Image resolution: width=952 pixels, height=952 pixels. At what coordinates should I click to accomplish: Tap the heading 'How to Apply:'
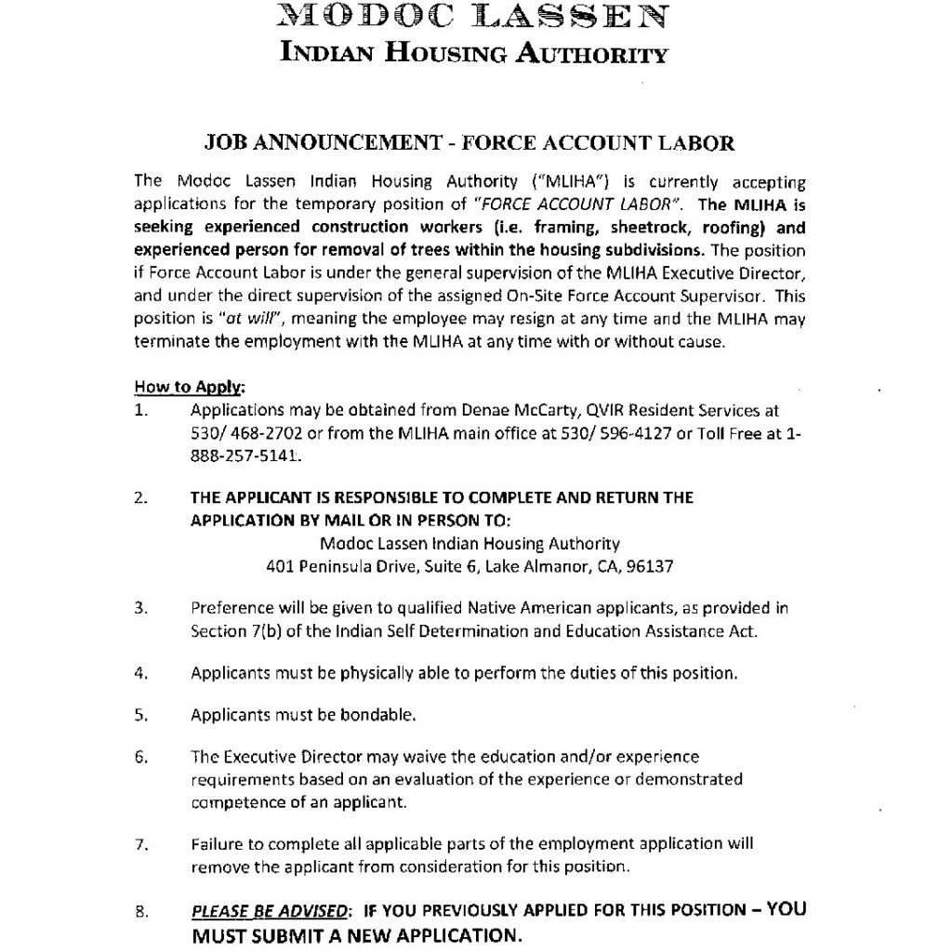tap(190, 386)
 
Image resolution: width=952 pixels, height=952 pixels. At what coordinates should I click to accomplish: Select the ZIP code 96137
tap(651, 565)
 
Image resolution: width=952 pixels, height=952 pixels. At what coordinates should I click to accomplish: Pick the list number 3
tap(142, 608)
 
